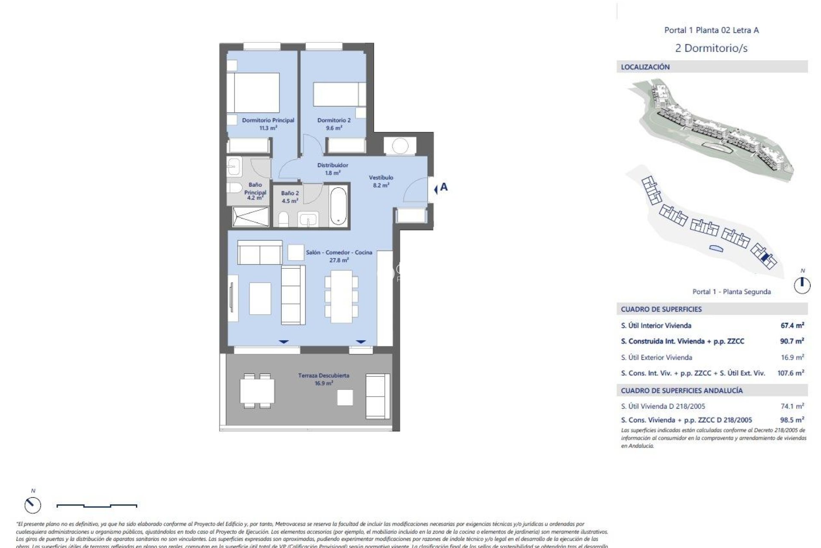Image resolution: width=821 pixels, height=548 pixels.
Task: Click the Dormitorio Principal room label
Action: tap(268, 120)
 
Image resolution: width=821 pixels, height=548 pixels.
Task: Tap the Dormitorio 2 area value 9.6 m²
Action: tap(334, 128)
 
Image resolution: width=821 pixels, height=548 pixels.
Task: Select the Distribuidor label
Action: tap(332, 165)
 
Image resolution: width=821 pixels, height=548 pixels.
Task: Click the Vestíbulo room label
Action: tap(381, 177)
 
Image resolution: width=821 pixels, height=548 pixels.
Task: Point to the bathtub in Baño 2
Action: tap(338, 205)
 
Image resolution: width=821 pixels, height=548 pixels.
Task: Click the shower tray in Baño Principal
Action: tap(251, 216)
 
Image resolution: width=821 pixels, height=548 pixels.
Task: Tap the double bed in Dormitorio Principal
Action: tap(253, 93)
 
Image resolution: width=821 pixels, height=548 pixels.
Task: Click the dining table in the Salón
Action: tap(341, 296)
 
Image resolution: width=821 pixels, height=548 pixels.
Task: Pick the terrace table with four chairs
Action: tap(257, 390)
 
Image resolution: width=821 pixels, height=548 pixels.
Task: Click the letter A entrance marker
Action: tap(444, 187)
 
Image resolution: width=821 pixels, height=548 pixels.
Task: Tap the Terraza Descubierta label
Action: tap(324, 375)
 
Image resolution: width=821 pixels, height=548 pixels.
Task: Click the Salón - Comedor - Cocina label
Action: tap(339, 253)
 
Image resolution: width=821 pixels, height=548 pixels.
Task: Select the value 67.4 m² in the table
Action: tap(792, 325)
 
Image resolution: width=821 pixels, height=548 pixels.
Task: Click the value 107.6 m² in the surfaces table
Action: tap(790, 373)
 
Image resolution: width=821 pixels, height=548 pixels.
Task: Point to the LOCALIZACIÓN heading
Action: tap(645, 67)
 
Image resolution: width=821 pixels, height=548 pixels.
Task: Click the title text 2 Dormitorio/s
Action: tap(711, 48)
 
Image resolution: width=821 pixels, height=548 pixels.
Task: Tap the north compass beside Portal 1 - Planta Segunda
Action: tap(802, 285)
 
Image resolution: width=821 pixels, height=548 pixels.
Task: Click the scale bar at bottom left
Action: tap(97, 506)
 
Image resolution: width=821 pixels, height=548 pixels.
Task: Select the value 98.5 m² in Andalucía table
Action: tap(792, 420)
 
